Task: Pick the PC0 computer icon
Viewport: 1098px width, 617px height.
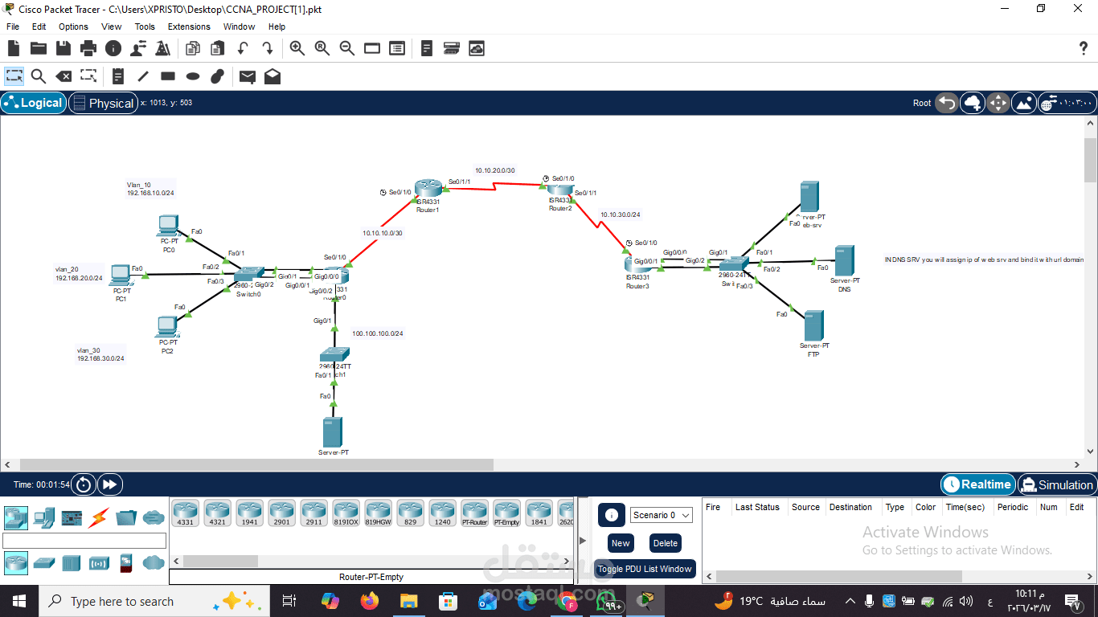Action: coord(169,225)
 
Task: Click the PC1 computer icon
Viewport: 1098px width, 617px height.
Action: coord(121,275)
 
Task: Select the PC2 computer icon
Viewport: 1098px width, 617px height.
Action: coord(168,326)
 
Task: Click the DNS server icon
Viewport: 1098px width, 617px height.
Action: coord(844,260)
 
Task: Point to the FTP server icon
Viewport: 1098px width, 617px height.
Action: coord(813,325)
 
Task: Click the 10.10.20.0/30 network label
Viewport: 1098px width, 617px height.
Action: coord(494,170)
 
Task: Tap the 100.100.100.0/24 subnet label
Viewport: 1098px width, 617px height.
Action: coord(377,333)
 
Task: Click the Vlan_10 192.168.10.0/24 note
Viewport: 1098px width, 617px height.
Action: coord(150,189)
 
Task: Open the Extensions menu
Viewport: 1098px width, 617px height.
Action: coord(189,27)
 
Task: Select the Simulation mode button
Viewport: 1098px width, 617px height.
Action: coord(1056,484)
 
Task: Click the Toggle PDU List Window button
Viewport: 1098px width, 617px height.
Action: coord(645,569)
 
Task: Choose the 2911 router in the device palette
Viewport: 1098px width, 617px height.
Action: coord(313,513)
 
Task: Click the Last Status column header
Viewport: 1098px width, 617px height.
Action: coord(757,507)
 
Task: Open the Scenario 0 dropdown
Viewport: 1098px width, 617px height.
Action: coord(662,515)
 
